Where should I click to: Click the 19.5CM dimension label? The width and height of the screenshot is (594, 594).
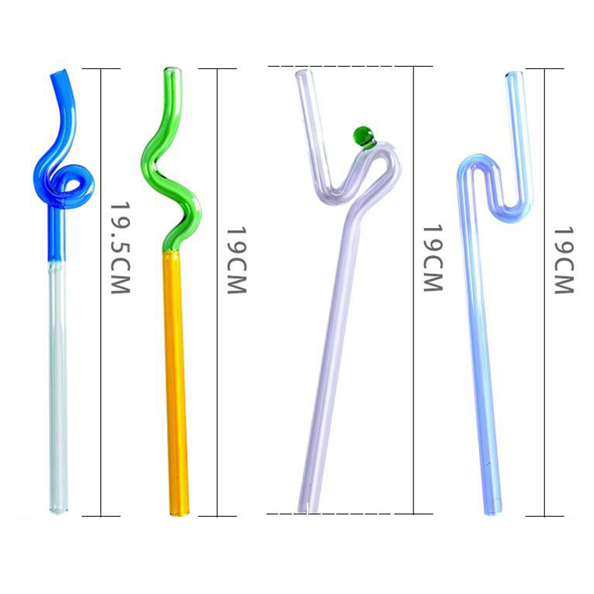pyautogui.click(x=120, y=248)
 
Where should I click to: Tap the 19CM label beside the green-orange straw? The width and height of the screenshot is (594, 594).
pyautogui.click(x=237, y=261)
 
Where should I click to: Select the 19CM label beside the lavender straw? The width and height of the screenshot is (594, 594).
pyautogui.click(x=433, y=258)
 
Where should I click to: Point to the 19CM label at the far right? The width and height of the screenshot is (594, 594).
pyautogui.click(x=564, y=261)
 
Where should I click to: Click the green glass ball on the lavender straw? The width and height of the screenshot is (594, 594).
pyautogui.click(x=363, y=136)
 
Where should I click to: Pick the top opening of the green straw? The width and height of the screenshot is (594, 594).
pyautogui.click(x=172, y=71)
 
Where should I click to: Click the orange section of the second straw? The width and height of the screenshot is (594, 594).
pyautogui.click(x=175, y=382)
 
